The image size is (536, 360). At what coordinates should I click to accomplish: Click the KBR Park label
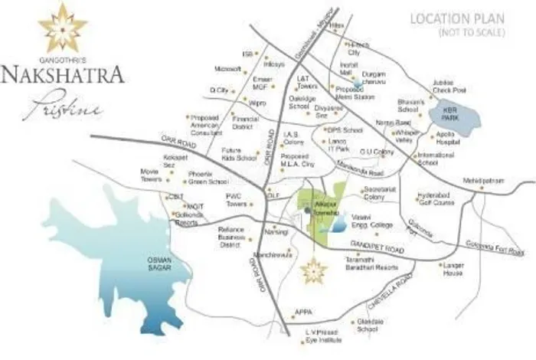[x=446, y=115]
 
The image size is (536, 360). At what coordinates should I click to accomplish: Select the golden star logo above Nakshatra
[x=63, y=27]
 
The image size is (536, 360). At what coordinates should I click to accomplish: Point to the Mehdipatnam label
[x=480, y=181]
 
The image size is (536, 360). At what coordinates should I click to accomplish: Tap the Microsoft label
[x=227, y=68]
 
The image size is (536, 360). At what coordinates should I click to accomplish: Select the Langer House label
[x=453, y=268]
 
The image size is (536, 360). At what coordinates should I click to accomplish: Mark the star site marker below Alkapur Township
[x=312, y=269]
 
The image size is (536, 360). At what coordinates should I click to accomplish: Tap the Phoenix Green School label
[x=208, y=178]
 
